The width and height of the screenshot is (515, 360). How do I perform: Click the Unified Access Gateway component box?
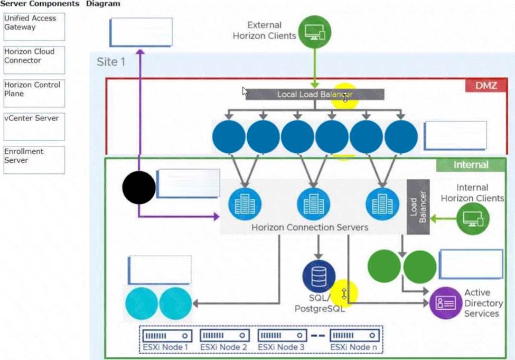[34, 27]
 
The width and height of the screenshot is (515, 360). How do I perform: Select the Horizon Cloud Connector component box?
[34, 60]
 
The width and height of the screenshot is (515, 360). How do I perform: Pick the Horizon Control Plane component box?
[34, 93]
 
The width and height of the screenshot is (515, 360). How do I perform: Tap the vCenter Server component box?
[34, 126]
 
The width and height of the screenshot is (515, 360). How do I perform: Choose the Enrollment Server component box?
[34, 160]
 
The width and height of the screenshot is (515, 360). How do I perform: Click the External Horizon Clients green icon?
[315, 32]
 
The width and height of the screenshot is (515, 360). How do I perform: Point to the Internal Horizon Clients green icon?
[473, 218]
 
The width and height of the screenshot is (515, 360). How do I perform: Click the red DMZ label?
[486, 85]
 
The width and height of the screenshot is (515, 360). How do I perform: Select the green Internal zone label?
[471, 165]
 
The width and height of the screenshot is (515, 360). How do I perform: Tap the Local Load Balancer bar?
[315, 95]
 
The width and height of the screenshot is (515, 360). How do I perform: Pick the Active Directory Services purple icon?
[446, 303]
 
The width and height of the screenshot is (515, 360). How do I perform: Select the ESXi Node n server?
[354, 336]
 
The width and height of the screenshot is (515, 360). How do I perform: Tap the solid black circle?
[139, 187]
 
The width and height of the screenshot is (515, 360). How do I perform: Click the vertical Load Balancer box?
[418, 207]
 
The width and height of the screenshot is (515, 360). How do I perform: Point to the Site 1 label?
[111, 62]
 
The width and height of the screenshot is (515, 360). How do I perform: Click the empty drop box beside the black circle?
[188, 183]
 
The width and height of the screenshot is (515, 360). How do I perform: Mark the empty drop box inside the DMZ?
[455, 135]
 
